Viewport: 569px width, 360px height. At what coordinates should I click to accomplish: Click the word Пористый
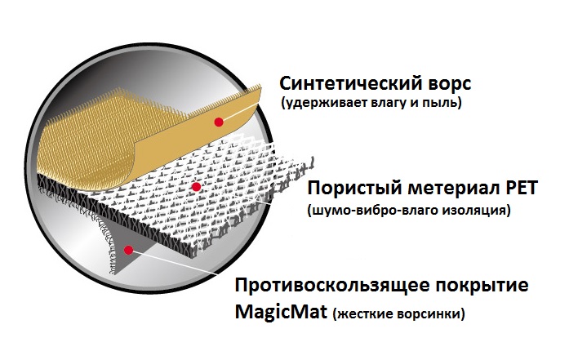click(354, 189)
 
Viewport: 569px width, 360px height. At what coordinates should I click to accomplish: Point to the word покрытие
click(482, 287)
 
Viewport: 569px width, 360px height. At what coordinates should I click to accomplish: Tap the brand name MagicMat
click(281, 311)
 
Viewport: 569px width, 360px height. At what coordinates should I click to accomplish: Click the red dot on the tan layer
click(219, 122)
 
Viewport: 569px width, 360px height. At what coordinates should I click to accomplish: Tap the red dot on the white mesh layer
click(196, 187)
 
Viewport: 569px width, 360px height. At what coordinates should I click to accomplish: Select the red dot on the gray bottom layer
click(128, 250)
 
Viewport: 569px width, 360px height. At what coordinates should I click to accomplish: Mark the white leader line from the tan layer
click(238, 112)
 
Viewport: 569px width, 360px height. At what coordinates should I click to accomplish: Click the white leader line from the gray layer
click(173, 261)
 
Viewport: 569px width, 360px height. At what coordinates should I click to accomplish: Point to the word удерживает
click(324, 103)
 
